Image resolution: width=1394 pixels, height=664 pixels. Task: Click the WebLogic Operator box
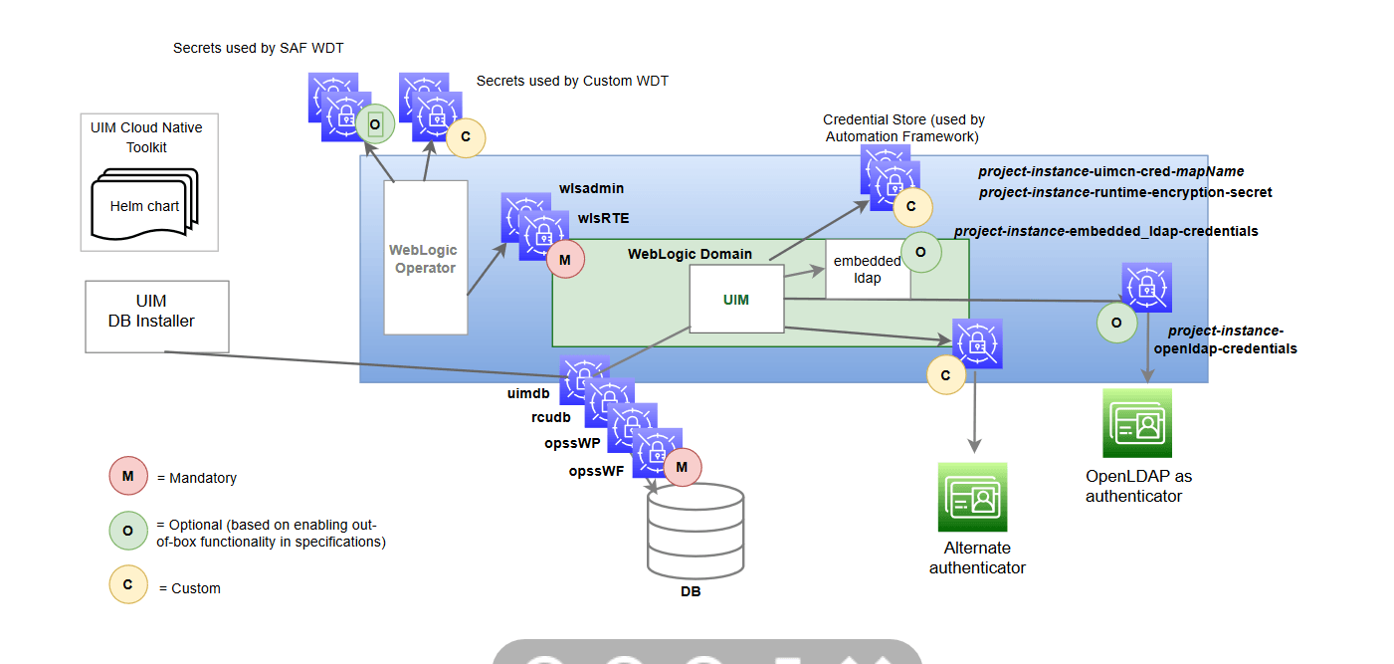tap(425, 257)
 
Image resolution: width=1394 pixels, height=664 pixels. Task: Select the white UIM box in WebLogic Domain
tap(736, 299)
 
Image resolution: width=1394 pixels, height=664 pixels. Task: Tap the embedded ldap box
tap(867, 269)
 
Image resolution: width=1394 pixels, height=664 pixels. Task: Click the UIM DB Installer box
tap(157, 316)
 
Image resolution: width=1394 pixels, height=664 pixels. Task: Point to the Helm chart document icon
tap(144, 207)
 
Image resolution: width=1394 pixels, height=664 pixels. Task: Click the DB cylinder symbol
tap(695, 531)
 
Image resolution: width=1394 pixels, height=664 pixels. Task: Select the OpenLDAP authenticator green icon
tap(1136, 423)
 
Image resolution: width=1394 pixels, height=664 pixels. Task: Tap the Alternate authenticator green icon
tap(972, 497)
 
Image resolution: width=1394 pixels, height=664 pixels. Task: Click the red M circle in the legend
tap(128, 477)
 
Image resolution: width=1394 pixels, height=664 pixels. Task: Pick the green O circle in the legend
tap(128, 531)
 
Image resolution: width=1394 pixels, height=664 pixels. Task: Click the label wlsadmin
tap(592, 188)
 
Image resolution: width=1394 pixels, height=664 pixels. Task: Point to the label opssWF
tap(596, 471)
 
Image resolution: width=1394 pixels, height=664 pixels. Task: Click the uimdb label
tap(528, 393)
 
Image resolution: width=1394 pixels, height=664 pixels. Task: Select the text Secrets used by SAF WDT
tap(258, 48)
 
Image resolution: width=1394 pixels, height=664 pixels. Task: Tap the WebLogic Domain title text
tap(690, 254)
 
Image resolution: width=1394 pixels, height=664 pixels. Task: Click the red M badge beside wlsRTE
tap(565, 259)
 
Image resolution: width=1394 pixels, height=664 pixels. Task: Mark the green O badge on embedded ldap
tap(920, 252)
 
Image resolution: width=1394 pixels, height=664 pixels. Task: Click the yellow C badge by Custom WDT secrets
tap(466, 138)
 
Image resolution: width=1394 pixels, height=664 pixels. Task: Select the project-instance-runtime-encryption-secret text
tap(1125, 192)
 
